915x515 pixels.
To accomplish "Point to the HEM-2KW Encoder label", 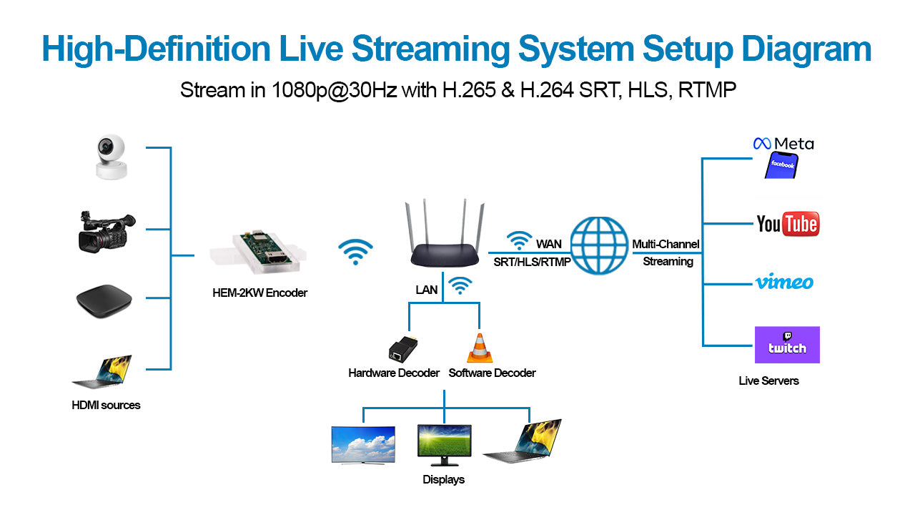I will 259,293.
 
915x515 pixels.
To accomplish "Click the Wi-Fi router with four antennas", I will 442,243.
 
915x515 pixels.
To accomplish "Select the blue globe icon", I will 600,245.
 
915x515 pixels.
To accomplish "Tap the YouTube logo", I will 787,223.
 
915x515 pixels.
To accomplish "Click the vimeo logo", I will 784,282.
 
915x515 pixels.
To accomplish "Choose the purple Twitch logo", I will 787,345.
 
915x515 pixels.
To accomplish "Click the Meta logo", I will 783,144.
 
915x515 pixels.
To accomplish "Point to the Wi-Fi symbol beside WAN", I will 519,241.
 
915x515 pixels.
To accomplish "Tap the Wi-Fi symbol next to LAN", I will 461,285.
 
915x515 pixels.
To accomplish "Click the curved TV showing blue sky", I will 363,445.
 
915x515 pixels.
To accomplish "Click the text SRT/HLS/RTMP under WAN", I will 532,262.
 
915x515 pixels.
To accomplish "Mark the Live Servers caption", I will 768,381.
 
